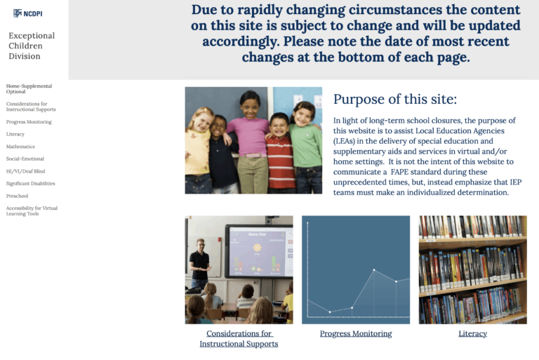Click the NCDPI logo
pos(28,13)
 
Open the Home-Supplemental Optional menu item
pos(29,88)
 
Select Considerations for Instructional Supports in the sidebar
pos(31,107)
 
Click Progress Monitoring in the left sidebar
pos(29,122)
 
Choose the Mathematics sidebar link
pos(20,147)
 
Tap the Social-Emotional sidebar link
pos(25,159)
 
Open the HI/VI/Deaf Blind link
pos(25,171)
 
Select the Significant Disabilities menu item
pos(30,184)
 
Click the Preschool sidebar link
pos(18,196)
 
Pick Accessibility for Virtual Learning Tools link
pos(32,211)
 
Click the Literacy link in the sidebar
pos(15,134)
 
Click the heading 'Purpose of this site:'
pos(394,99)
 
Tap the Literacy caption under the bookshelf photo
pos(472,333)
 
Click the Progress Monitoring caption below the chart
pos(356,333)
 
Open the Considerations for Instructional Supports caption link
pos(239,338)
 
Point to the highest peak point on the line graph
pos(374,269)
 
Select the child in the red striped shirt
pos(280,154)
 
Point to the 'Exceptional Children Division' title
pos(32,46)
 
